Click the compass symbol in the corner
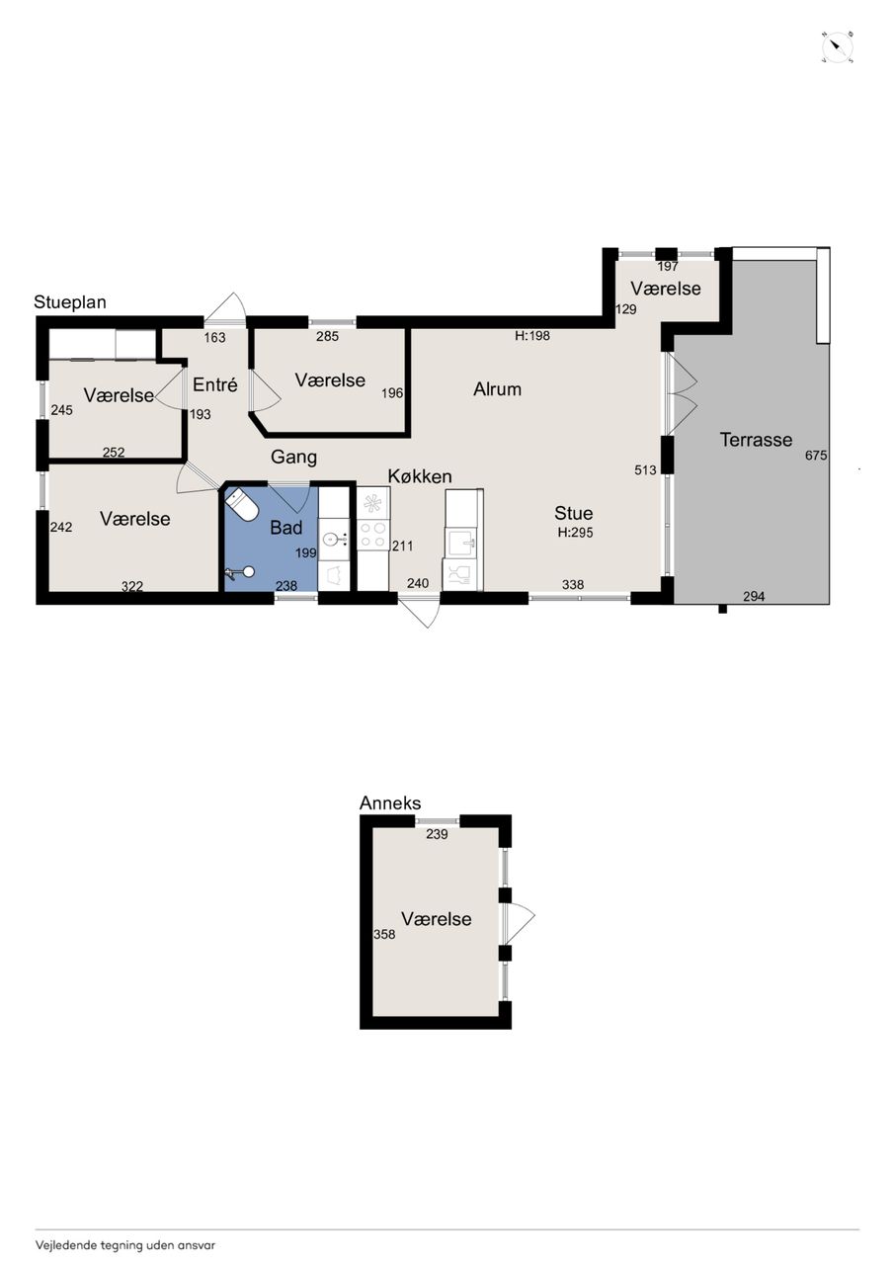coord(838,46)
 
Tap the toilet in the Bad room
coord(242,503)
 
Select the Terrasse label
coord(756,440)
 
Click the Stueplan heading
coord(70,302)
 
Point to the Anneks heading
coord(390,802)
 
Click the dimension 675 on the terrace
coord(816,456)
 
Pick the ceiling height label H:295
coord(575,532)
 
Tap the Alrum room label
coord(497,389)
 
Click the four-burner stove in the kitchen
coord(373,535)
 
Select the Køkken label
coord(420,476)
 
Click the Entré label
coord(215,384)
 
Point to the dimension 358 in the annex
coord(384,934)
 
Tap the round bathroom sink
coord(334,540)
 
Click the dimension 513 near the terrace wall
coord(645,469)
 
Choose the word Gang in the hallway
coord(293,457)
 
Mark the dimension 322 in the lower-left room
coord(132,587)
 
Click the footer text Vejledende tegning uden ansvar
coord(125,1244)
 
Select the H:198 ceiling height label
coord(532,335)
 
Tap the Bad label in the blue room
coord(286,528)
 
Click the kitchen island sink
coord(461,543)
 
